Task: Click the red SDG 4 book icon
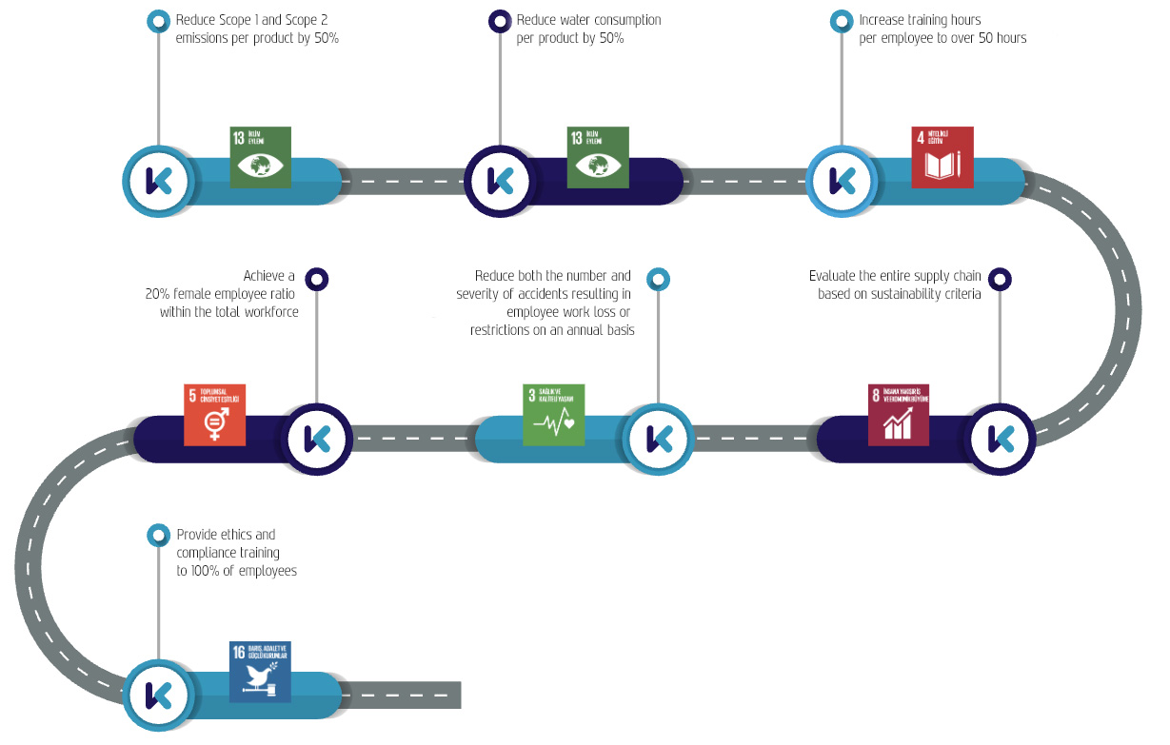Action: pyautogui.click(x=942, y=157)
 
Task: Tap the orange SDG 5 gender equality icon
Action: pyautogui.click(x=214, y=415)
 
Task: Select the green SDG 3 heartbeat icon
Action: pyautogui.click(x=554, y=415)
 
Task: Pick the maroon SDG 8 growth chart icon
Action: pyautogui.click(x=899, y=415)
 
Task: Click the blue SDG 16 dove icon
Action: pyautogui.click(x=260, y=672)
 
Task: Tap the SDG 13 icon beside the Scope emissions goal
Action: pyautogui.click(x=260, y=157)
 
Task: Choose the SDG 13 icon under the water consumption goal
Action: pyautogui.click(x=599, y=157)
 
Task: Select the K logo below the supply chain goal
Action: pyautogui.click(x=1001, y=439)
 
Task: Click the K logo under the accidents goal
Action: pyautogui.click(x=659, y=439)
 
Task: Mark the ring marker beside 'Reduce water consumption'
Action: pyautogui.click(x=499, y=20)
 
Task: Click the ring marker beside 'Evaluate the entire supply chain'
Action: pyautogui.click(x=999, y=279)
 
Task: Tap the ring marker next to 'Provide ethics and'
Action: pyautogui.click(x=158, y=535)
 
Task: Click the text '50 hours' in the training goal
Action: pyautogui.click(x=1002, y=39)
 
